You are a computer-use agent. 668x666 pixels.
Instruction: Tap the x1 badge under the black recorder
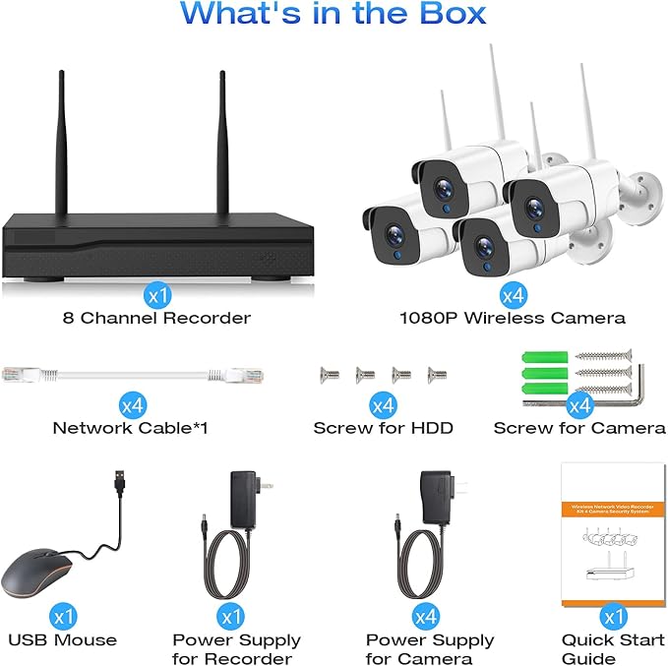[x=154, y=293]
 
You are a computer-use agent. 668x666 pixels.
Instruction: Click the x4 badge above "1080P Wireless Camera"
[x=512, y=293]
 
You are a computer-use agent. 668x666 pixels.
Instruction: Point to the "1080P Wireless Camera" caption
[x=512, y=318]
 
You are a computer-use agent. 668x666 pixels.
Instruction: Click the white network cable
[x=128, y=373]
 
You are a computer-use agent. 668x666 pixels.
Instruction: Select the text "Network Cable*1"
[x=130, y=428]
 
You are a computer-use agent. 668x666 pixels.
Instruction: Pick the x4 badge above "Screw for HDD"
[x=382, y=404]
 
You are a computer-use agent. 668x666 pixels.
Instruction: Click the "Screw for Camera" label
[x=578, y=428]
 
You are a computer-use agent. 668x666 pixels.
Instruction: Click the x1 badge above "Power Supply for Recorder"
[x=231, y=617]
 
